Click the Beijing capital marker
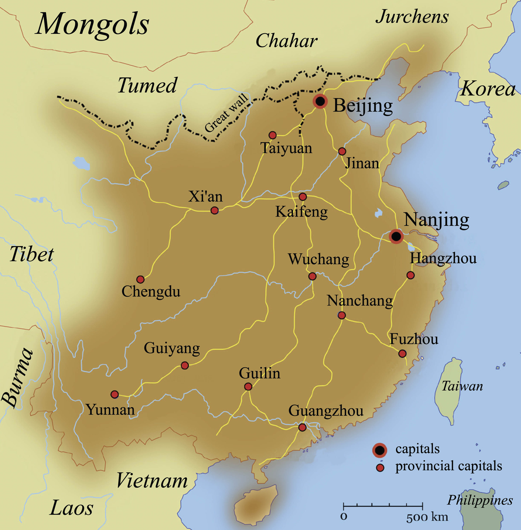tap(320, 101)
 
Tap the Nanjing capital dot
tap(396, 236)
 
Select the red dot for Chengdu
tap(140, 279)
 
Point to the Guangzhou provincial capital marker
tap(302, 427)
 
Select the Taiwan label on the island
tap(462, 386)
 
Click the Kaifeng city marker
tap(303, 196)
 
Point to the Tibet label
tap(31, 254)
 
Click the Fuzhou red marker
tap(402, 354)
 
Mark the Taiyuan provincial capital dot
tap(272, 135)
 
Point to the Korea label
tap(488, 89)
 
